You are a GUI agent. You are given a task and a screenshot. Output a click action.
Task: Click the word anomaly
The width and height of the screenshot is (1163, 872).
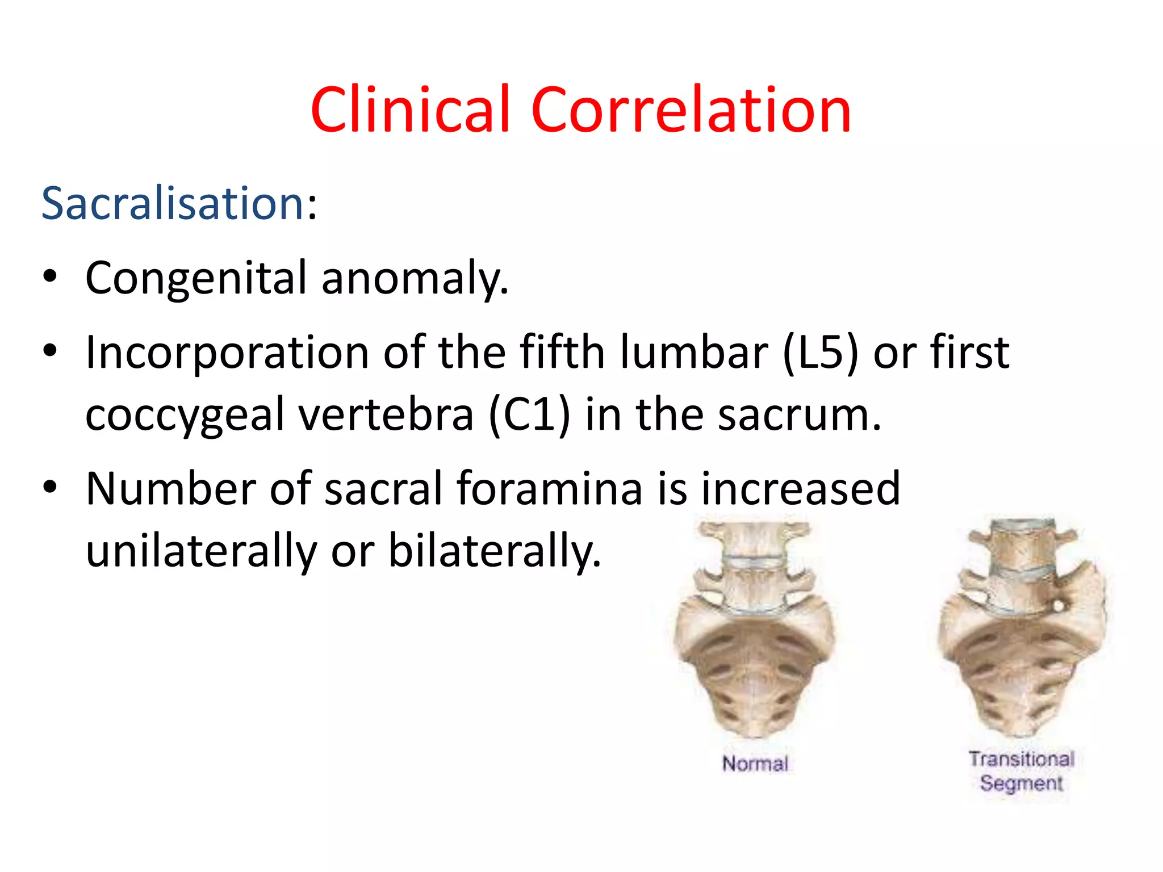click(415, 278)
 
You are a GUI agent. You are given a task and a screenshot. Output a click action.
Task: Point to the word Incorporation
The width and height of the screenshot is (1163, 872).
click(227, 353)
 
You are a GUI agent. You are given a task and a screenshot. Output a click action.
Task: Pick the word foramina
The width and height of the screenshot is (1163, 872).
click(549, 489)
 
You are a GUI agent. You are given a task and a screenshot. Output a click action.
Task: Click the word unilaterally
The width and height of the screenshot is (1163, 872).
click(201, 551)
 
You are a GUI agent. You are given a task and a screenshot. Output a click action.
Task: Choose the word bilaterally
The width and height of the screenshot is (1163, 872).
click(494, 551)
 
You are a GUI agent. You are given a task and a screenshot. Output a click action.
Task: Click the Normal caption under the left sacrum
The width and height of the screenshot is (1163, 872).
click(755, 764)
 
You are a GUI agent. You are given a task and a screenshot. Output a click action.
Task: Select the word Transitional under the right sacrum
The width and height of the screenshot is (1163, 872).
click(1021, 759)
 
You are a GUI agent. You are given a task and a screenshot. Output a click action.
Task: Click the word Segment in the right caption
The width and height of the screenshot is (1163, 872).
click(1021, 783)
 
